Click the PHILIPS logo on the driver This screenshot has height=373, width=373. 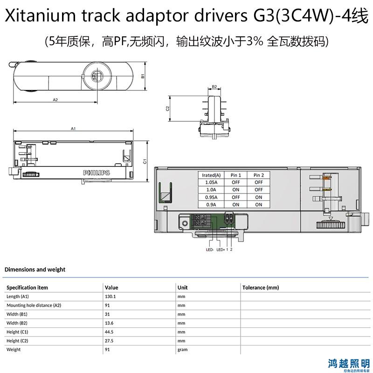pyautogui.click(x=97, y=173)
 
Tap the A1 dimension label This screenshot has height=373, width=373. pyautogui.click(x=73, y=129)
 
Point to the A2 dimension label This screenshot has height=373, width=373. pyautogui.click(x=55, y=100)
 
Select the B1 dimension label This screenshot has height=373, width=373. pyautogui.click(x=143, y=76)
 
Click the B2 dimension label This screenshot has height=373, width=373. pyautogui.click(x=214, y=87)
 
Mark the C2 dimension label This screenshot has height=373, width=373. pyautogui.click(x=168, y=109)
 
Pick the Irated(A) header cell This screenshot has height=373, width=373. pyautogui.click(x=211, y=175)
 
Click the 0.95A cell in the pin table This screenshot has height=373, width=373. pyautogui.click(x=211, y=197)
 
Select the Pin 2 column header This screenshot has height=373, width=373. pyautogui.click(x=259, y=175)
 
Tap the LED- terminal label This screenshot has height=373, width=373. pyautogui.click(x=210, y=249)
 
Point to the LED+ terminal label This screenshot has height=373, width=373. pyautogui.click(x=221, y=249)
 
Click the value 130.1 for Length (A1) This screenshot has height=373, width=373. pyautogui.click(x=111, y=297)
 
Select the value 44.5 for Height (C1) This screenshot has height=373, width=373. pyautogui.click(x=109, y=332)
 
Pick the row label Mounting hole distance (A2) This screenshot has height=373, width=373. pyautogui.click(x=34, y=305)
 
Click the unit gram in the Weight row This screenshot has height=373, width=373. pyautogui.click(x=182, y=350)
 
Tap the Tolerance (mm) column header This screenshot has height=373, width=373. pyautogui.click(x=261, y=288)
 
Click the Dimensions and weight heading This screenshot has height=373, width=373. pyautogui.click(x=35, y=269)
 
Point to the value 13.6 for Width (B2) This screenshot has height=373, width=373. pyautogui.click(x=109, y=323)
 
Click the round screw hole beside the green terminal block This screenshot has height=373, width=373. pyautogui.click(x=185, y=223)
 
